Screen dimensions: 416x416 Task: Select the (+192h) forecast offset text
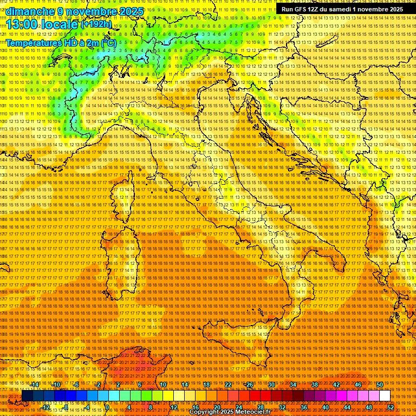pos(96,24)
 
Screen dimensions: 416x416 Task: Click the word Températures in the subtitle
pos(33,43)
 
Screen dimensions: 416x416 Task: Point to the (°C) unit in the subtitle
pos(108,43)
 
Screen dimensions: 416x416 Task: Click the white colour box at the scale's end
pos(385,396)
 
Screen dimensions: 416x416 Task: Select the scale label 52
pos(390,407)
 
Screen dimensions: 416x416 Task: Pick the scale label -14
pos(35,385)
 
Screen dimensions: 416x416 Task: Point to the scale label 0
pos(107,407)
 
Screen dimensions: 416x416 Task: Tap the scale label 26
pos(249,385)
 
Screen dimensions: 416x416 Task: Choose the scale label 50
pos(379,385)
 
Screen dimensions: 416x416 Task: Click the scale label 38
pos(314,385)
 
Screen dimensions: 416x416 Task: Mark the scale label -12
pos(45,407)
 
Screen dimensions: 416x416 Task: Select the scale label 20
pos(217,407)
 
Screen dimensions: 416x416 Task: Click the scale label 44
pos(347,407)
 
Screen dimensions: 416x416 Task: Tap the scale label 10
pos(162,385)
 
